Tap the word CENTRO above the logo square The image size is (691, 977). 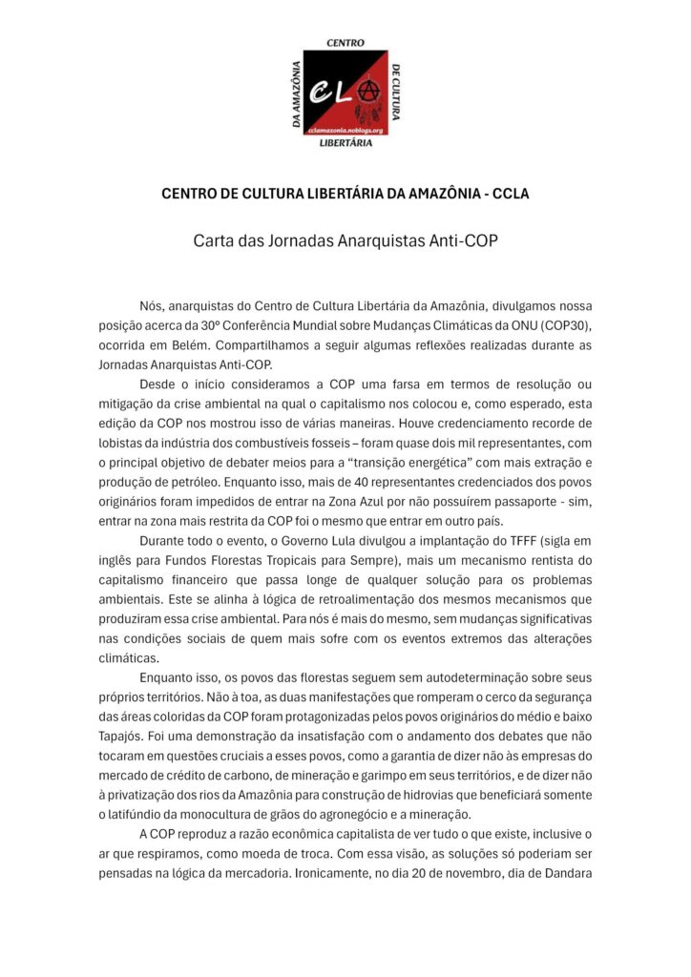click(345, 43)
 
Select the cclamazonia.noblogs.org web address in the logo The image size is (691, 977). click(345, 129)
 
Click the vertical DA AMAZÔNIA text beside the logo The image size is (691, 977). click(296, 94)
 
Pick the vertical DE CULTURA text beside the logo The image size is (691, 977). click(395, 94)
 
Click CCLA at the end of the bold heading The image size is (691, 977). click(508, 194)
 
